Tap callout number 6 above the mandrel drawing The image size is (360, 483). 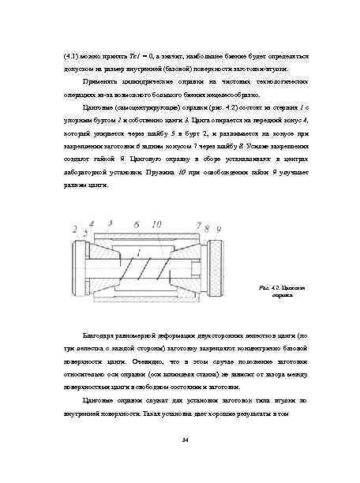pos(137,224)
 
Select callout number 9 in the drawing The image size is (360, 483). pos(219,229)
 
